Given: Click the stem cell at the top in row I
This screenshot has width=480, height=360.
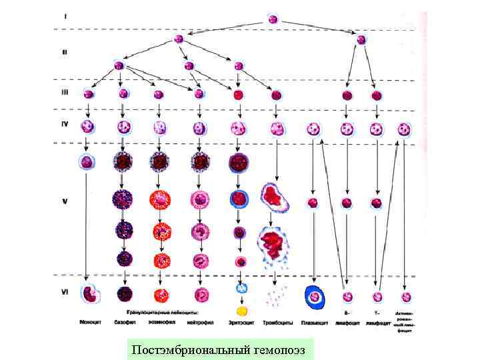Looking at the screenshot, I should point(273,19).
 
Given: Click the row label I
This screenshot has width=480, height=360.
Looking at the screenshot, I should point(65,15).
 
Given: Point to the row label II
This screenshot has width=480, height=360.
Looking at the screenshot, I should point(65,51).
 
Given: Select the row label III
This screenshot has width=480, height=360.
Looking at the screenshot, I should point(65,93).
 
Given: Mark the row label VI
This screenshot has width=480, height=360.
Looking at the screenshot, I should point(65,291).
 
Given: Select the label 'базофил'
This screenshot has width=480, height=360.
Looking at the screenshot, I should point(125,323).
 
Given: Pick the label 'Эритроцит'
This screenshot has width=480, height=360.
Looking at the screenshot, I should point(240,323).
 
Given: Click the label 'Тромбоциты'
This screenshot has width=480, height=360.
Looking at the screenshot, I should point(278,323).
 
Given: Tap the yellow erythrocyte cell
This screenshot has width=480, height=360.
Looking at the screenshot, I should point(242,310).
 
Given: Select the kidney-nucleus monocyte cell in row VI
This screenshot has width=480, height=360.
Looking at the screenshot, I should point(88,293).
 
